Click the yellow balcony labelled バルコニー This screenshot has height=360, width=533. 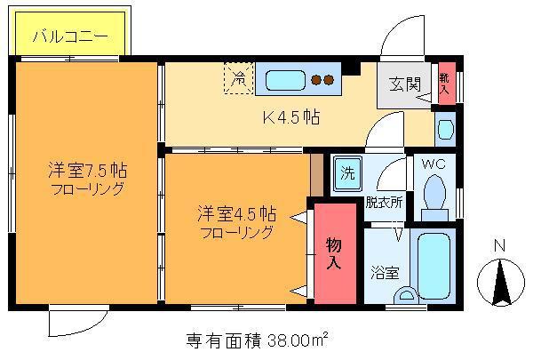point(70,34)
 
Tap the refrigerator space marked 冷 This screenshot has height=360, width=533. point(239,78)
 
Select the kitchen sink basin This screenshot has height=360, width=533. point(285,80)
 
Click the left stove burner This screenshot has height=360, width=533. point(317,80)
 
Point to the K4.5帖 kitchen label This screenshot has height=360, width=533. point(291,117)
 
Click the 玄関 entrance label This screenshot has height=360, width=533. point(405,84)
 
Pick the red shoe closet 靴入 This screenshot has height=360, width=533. point(446,84)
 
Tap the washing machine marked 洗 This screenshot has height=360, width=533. point(347,173)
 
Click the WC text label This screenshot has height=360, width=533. point(434,164)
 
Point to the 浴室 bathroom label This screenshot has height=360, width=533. point(385,272)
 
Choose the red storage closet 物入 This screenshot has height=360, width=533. point(335,253)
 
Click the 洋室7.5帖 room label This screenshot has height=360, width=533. point(87,170)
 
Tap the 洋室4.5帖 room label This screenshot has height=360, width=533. point(236,214)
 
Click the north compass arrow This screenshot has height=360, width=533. point(501,282)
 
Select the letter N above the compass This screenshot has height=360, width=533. point(499,245)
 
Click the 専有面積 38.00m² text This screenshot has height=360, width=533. point(258,340)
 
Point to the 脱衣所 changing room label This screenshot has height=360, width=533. point(384,203)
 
